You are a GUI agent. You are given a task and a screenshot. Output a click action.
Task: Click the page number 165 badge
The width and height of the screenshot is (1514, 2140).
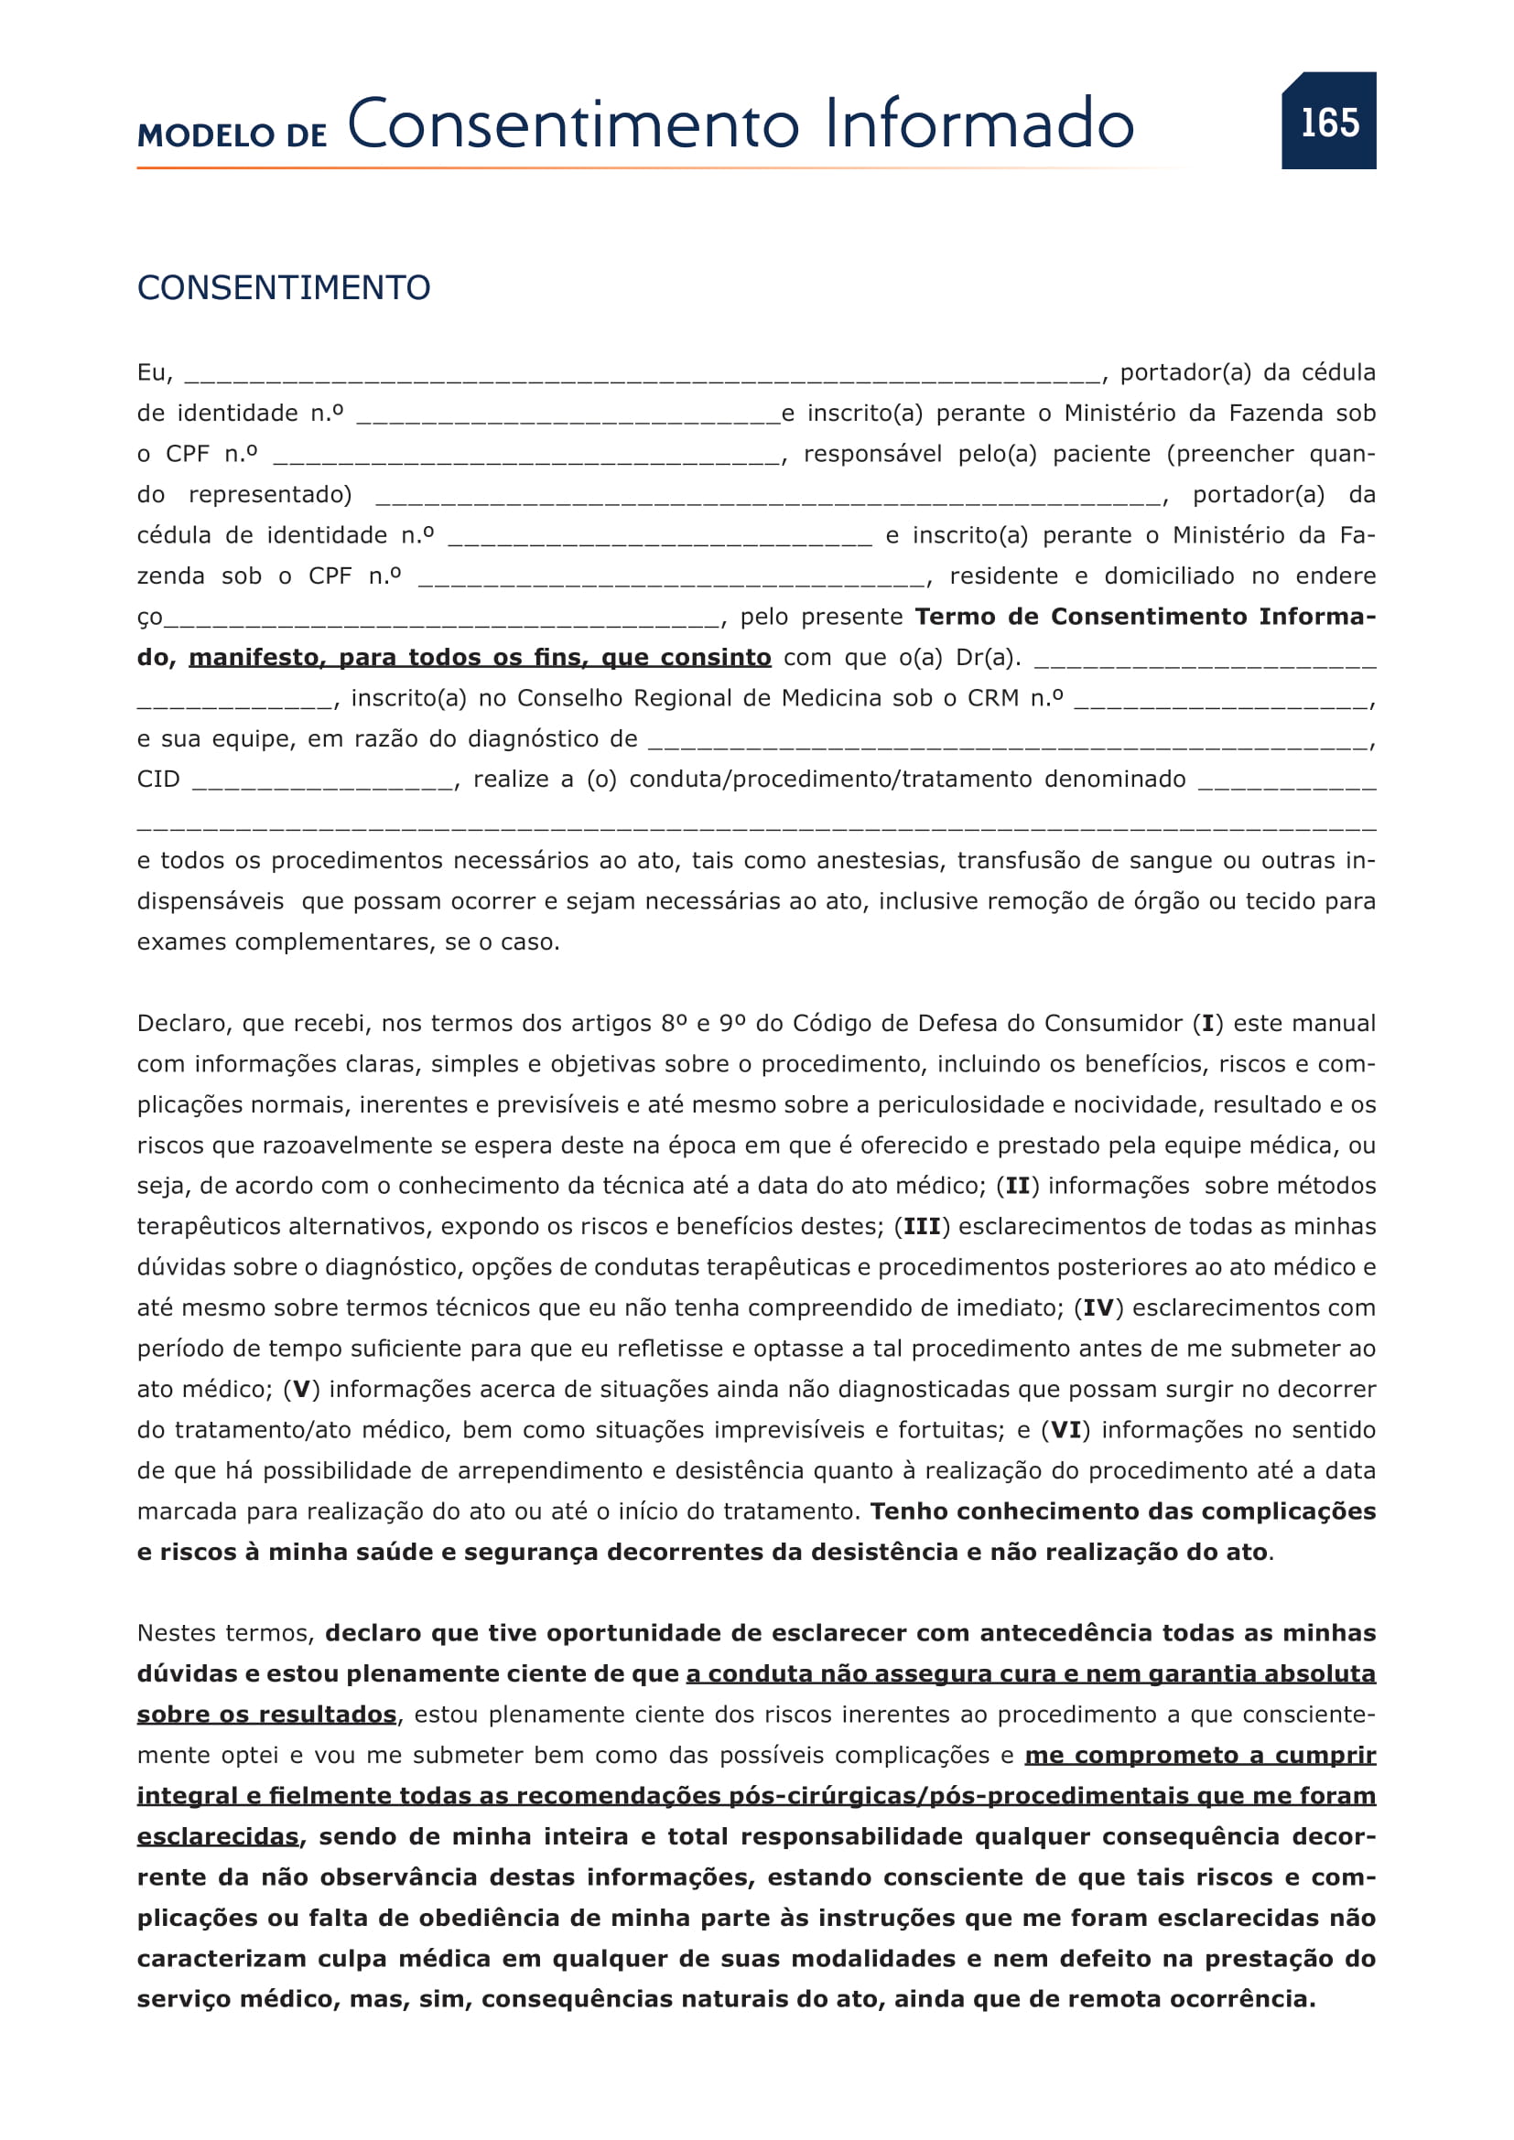click(x=1328, y=121)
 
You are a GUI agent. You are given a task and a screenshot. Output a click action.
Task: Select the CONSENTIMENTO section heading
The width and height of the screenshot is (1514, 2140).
click(x=284, y=288)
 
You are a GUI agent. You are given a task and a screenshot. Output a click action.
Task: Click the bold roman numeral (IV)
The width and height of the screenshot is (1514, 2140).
click(x=1098, y=1308)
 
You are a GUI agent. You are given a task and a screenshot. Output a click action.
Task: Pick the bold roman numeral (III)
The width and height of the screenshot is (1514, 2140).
click(x=922, y=1228)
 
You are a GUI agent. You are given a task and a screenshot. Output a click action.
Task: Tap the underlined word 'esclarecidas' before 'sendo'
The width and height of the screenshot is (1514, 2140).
click(x=218, y=1837)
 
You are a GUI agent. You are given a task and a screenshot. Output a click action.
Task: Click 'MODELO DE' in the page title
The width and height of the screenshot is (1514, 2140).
click(x=233, y=136)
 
